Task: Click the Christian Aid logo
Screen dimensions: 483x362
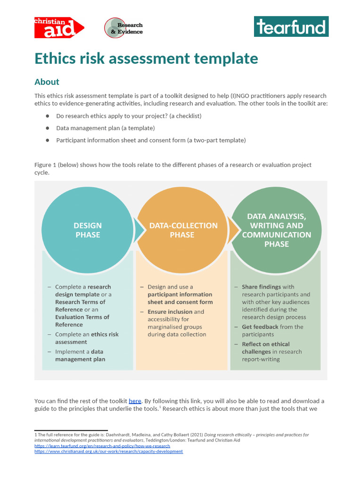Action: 59,28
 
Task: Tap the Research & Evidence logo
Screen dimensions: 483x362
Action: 123,28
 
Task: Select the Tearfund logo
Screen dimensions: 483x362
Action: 291,27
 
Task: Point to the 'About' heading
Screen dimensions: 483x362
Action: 47,82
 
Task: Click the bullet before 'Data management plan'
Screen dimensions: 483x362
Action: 48,128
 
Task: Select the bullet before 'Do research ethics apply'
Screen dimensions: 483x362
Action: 48,116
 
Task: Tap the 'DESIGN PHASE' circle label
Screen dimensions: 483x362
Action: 88,230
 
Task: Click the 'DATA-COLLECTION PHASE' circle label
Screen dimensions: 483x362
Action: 183,230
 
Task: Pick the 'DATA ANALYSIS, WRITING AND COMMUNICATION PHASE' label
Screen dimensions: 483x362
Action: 277,230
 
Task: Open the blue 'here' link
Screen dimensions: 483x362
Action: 135,401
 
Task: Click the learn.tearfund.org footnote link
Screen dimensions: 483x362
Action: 102,446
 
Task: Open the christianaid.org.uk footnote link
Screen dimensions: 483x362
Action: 108,451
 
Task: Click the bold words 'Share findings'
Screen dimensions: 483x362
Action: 261,287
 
